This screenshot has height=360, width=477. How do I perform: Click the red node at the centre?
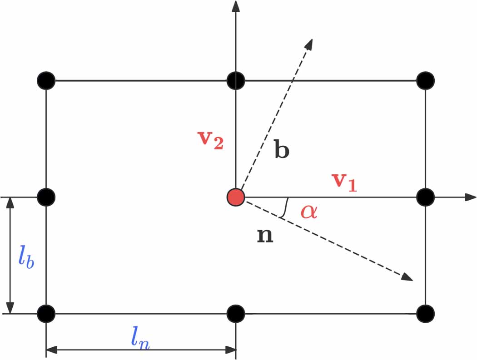(x=236, y=197)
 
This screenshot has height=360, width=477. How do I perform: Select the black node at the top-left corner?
(x=46, y=80)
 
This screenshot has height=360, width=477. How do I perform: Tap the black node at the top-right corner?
(x=426, y=80)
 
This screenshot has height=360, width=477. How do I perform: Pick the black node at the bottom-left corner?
(x=46, y=313)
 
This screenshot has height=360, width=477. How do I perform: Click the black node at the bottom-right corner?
(x=426, y=313)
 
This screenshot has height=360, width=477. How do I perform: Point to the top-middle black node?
(x=236, y=80)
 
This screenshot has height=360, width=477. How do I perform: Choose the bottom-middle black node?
(x=236, y=313)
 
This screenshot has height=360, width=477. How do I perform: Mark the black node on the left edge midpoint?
(x=46, y=197)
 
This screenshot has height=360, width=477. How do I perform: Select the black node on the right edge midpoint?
(x=426, y=197)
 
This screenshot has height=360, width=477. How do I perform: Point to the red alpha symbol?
(x=309, y=212)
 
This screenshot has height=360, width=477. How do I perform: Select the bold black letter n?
(x=265, y=236)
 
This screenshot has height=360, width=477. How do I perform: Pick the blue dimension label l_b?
(x=26, y=256)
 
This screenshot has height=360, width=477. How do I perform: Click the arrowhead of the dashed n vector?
(x=409, y=278)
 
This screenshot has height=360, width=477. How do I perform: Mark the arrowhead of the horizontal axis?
(x=471, y=197)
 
